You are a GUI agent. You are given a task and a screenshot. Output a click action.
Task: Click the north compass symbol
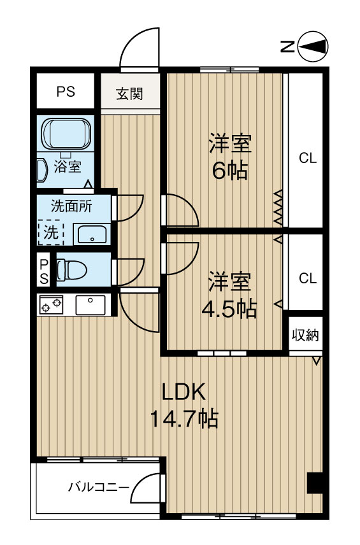312,46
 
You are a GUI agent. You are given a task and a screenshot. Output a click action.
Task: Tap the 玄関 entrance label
129,94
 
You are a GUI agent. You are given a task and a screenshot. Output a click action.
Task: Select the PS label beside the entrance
66,92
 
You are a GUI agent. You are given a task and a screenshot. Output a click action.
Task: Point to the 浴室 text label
67,167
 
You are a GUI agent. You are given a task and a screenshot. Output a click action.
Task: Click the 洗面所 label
71,206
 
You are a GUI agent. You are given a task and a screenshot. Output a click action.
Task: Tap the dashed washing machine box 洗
50,232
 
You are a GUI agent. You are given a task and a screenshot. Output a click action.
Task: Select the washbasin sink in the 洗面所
92,234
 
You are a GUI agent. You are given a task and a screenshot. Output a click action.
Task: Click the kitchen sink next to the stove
90,305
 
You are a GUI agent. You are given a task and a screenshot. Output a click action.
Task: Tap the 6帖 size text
230,171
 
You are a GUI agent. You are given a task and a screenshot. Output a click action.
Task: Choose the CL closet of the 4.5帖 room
308,278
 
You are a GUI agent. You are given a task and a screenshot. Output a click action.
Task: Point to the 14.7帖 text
184,418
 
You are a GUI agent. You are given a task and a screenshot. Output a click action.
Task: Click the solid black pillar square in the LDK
315,483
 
